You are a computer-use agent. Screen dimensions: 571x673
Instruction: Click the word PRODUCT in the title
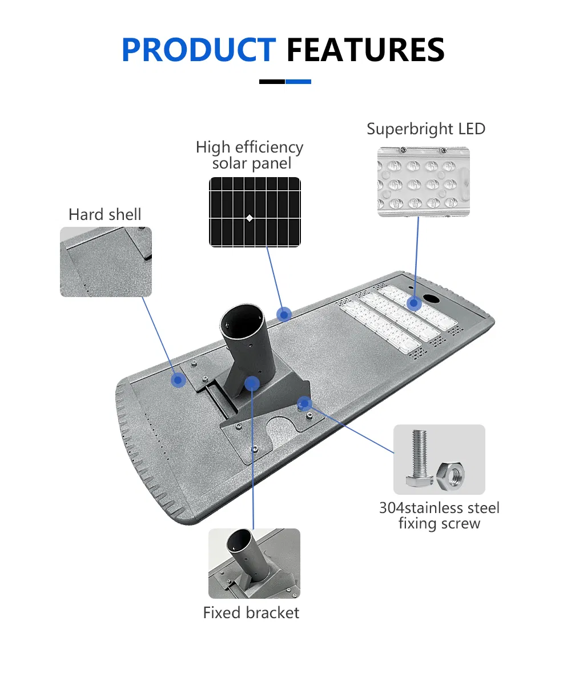(x=199, y=50)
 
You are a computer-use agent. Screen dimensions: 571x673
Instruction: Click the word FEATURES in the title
(x=365, y=50)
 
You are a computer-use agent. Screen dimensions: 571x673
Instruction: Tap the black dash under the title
(x=272, y=82)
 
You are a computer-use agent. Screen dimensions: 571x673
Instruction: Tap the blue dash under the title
(x=298, y=82)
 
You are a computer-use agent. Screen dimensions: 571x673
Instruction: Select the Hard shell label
(x=104, y=214)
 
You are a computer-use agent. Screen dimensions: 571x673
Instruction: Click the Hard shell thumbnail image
(x=106, y=262)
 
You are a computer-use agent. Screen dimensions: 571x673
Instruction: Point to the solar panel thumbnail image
(x=255, y=212)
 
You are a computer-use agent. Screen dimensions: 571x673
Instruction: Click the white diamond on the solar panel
(x=250, y=218)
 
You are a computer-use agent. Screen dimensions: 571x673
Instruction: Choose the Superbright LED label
(x=426, y=129)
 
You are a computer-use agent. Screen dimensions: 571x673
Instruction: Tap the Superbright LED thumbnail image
(x=424, y=182)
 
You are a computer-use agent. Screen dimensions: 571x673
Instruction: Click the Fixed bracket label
(x=251, y=612)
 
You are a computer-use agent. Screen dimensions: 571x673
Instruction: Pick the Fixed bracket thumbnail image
(x=255, y=563)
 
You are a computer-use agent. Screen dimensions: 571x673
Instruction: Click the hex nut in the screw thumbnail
(x=451, y=475)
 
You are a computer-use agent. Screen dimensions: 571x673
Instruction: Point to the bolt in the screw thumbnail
(x=419, y=458)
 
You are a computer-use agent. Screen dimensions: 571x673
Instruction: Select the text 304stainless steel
(x=439, y=508)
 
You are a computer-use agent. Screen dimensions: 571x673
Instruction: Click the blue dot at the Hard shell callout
(x=179, y=380)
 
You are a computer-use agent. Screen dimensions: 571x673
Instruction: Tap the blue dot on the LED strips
(x=414, y=303)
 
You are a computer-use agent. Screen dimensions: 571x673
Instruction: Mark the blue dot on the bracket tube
(x=252, y=383)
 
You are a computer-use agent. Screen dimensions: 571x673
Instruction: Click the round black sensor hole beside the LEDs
(x=430, y=298)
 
